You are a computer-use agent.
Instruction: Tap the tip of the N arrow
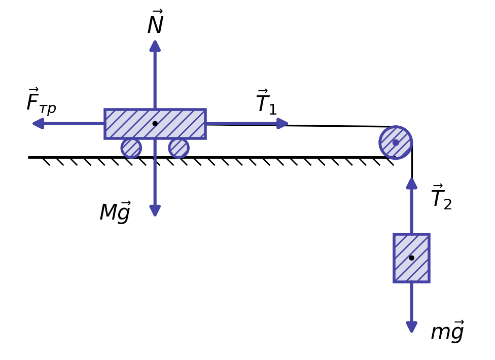155,41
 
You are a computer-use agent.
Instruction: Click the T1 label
267,101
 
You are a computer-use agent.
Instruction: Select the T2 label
442,197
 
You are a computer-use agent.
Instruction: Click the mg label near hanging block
448,331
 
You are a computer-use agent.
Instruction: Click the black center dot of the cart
155,123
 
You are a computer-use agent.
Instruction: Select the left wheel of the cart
131,148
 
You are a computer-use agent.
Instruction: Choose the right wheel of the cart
179,148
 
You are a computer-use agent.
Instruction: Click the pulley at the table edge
396,142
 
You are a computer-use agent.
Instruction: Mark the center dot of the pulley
396,142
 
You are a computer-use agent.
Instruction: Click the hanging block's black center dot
412,258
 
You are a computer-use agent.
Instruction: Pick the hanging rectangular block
412,258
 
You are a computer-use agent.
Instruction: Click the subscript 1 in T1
272,109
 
